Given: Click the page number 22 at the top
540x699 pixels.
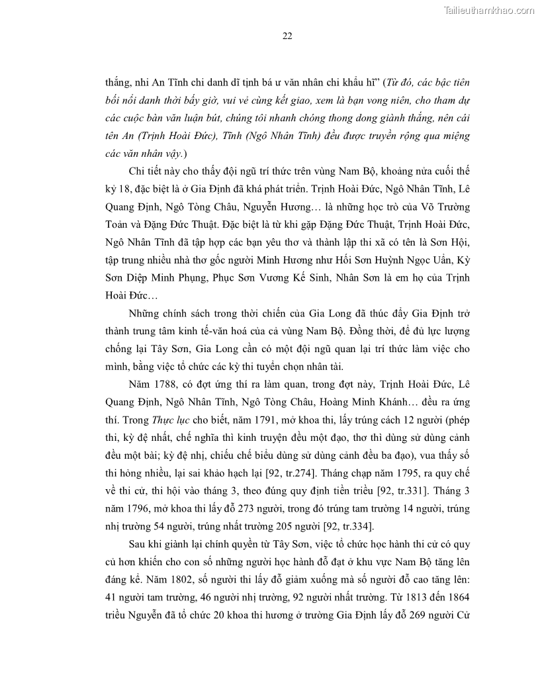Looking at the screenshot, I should click(x=287, y=36).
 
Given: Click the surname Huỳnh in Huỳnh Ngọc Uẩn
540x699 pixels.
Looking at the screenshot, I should click(x=380, y=259).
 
